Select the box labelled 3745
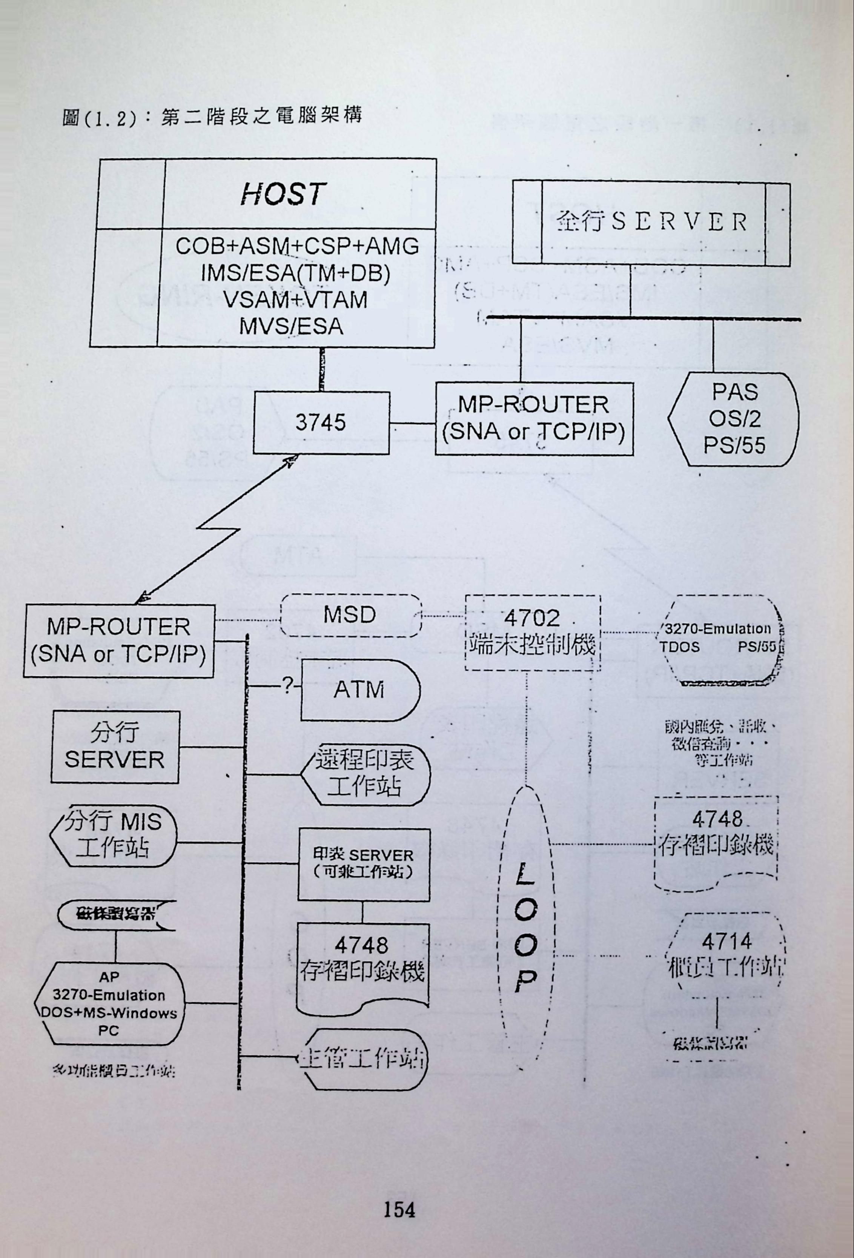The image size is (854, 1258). pyautogui.click(x=320, y=423)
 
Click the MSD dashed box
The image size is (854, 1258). pyautogui.click(x=350, y=616)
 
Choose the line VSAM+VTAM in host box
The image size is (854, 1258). pyautogui.click(x=295, y=300)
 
